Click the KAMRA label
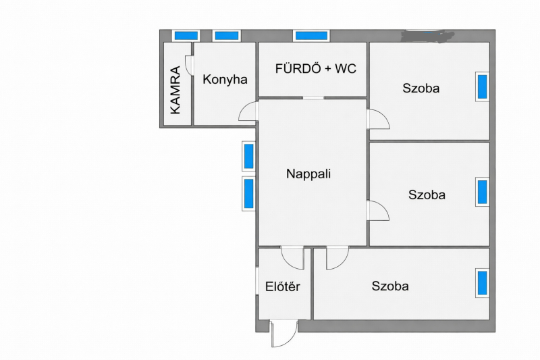click(x=175, y=90)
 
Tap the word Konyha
click(x=225, y=80)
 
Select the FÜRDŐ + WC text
click(x=315, y=68)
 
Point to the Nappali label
click(x=308, y=174)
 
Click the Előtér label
click(x=282, y=286)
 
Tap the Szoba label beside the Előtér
click(x=390, y=286)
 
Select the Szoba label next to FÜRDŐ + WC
click(x=421, y=88)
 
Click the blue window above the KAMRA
click(x=186, y=36)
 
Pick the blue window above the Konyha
click(x=226, y=36)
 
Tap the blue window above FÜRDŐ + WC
click(x=311, y=36)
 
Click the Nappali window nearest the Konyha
click(x=248, y=156)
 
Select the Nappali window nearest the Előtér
click(x=248, y=194)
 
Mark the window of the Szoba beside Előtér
click(x=483, y=283)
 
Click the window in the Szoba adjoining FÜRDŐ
click(x=483, y=86)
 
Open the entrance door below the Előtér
click(x=283, y=334)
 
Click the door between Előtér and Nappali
click(x=292, y=258)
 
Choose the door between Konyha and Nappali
click(x=248, y=111)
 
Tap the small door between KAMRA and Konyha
click(x=189, y=65)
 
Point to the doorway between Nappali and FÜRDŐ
click(x=313, y=98)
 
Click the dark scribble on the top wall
click(x=428, y=34)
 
